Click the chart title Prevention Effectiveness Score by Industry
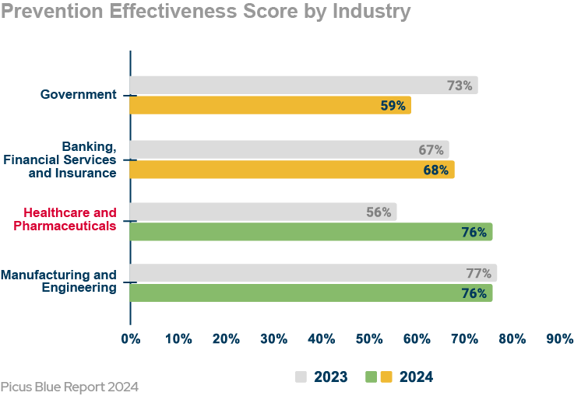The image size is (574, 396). [x=206, y=12]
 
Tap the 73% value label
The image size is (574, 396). [x=460, y=86]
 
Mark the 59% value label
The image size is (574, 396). [x=393, y=106]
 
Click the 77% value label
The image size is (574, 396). [x=478, y=273]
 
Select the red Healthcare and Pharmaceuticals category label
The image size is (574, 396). [x=70, y=219]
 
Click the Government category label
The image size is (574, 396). [x=79, y=95]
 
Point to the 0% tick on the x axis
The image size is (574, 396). [x=130, y=339]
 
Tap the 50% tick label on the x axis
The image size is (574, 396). [x=369, y=339]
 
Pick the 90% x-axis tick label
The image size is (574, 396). [x=559, y=339]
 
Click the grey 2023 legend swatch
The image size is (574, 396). [x=301, y=377]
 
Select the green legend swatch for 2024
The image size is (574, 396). [x=371, y=377]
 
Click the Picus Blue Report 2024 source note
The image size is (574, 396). [x=69, y=386]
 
